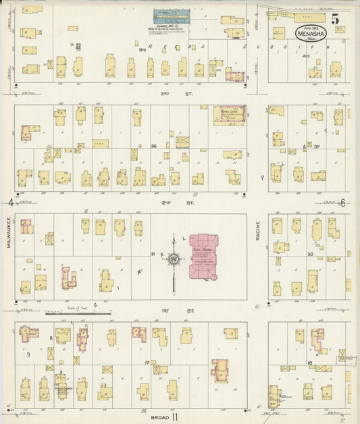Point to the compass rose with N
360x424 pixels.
(x=174, y=259)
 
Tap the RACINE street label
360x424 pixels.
(x=257, y=232)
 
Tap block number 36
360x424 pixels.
(x=153, y=146)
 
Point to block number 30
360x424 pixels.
(x=310, y=255)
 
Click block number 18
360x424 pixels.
(x=309, y=363)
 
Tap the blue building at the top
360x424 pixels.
(x=172, y=15)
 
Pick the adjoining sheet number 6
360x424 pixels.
(x=343, y=203)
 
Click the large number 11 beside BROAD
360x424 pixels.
(x=174, y=417)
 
